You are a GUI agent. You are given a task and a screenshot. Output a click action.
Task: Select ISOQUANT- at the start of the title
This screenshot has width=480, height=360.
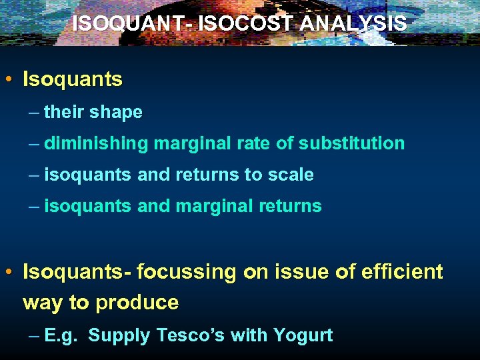pyautogui.click(x=126, y=23)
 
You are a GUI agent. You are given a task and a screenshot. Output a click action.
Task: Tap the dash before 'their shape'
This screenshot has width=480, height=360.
pyautogui.click(x=35, y=112)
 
